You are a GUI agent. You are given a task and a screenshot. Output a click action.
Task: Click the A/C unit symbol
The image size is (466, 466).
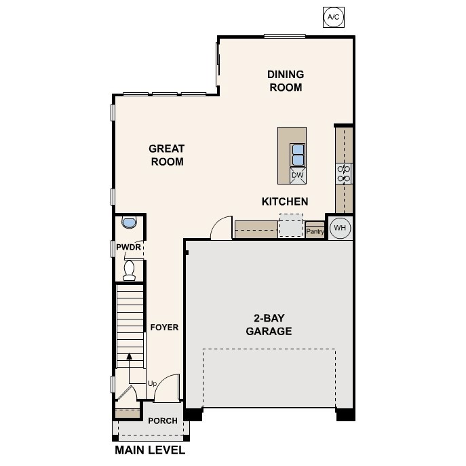332,16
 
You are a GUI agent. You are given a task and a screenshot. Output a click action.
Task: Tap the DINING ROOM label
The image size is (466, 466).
286,81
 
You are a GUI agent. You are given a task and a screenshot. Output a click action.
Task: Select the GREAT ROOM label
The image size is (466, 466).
167,155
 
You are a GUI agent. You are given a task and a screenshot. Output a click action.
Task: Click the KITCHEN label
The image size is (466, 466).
285,201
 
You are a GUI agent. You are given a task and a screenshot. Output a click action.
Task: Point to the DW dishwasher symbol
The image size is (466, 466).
297,175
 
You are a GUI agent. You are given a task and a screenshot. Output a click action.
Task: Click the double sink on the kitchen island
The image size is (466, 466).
298,155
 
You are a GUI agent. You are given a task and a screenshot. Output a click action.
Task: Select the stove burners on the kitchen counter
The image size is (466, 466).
344,174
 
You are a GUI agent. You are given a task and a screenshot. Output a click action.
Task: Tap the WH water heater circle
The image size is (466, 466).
340,228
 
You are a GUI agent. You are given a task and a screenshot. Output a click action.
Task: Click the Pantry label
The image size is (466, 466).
315,231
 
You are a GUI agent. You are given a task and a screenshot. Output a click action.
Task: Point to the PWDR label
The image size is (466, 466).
128,248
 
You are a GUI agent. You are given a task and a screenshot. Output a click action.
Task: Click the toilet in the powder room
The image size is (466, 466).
130,270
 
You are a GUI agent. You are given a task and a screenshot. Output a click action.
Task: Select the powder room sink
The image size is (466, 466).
128,222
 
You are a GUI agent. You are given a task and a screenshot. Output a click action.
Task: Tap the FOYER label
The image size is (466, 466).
164,328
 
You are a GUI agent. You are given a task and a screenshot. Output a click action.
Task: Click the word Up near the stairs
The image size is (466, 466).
153,384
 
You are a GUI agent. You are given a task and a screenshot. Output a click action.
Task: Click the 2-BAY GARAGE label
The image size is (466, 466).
269,326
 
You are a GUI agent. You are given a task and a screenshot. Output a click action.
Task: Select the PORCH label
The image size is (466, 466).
163,421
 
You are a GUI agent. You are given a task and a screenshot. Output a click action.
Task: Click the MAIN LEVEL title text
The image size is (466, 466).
150,450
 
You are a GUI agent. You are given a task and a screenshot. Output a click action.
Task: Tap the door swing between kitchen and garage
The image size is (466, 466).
221,229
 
